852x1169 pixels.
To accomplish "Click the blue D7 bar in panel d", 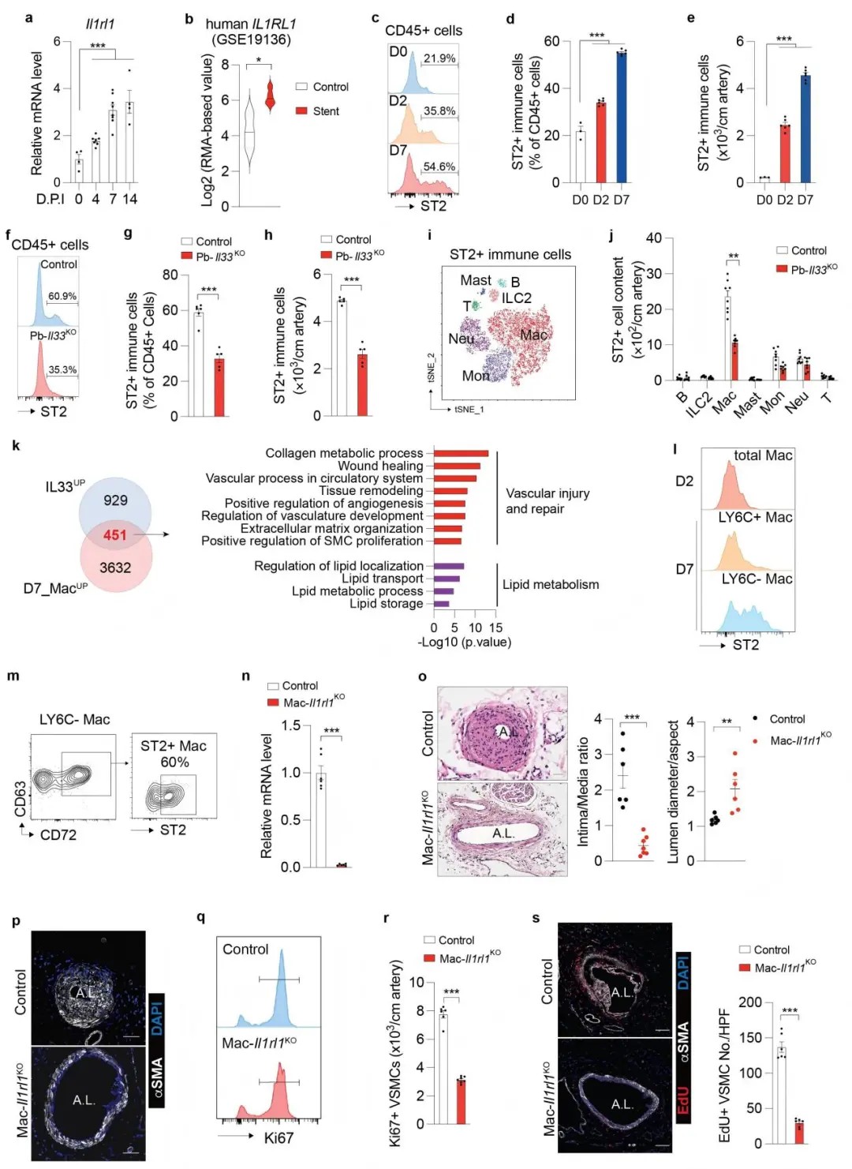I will point(622,118).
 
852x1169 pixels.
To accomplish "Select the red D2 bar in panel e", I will point(785,154).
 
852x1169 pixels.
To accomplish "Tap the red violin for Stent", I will point(270,96).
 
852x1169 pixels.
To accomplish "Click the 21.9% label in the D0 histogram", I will point(439,58).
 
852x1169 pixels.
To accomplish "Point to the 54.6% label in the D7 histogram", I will point(439,167).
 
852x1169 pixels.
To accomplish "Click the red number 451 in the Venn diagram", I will point(115,534).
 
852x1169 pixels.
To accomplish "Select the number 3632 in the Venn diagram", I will point(115,568).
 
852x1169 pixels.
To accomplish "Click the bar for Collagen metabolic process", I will point(461,453).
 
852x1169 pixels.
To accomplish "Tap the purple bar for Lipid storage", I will point(441,604).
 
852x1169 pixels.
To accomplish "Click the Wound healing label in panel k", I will point(380,466).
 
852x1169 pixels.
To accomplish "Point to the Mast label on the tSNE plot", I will point(476,280).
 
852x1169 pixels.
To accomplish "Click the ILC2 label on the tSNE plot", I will point(517,298).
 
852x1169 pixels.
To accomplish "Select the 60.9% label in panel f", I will point(62,296).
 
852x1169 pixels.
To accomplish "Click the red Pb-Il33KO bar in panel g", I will point(219,387).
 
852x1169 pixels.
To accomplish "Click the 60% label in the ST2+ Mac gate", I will point(174,762).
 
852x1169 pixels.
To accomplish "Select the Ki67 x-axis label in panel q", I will point(278,1137).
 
